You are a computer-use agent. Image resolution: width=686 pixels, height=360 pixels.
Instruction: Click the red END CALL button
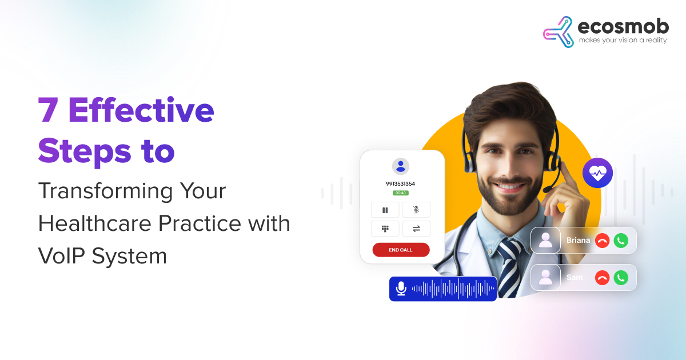(401, 250)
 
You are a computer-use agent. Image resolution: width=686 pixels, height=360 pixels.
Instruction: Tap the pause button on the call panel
(385, 210)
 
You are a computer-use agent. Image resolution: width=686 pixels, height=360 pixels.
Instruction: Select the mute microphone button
(416, 210)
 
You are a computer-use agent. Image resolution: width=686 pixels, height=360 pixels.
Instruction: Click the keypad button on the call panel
(385, 229)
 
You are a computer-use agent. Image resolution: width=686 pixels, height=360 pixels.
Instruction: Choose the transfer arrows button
(416, 229)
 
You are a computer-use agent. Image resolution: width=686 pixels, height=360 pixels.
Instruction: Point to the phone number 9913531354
(401, 183)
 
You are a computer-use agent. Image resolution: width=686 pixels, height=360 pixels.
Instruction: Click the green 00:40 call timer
(401, 193)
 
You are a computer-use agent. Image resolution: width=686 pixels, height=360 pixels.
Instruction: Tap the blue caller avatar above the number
(401, 166)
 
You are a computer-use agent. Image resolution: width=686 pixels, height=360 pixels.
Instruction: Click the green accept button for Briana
(621, 241)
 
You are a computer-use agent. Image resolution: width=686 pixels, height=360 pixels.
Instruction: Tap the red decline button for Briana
(602, 241)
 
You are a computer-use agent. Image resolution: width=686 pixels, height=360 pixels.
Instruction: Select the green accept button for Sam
(621, 278)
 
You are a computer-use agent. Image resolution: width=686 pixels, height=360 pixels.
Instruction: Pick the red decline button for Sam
(602, 278)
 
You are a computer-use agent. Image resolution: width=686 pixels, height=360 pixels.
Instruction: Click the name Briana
(578, 241)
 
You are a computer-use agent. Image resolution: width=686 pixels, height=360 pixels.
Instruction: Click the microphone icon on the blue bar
(401, 289)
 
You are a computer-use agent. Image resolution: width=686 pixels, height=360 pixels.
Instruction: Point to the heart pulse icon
(597, 173)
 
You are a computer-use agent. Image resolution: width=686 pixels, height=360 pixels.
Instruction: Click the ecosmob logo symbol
(559, 32)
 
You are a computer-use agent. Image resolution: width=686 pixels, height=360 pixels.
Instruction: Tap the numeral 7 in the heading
(48, 110)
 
